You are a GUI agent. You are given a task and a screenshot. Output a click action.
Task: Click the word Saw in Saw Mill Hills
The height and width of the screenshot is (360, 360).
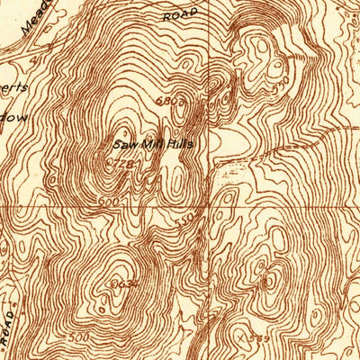(123, 143)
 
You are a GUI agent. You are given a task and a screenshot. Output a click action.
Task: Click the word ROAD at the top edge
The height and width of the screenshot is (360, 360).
(180, 15)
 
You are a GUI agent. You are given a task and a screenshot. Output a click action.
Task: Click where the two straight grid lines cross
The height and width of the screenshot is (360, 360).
(213, 206)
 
